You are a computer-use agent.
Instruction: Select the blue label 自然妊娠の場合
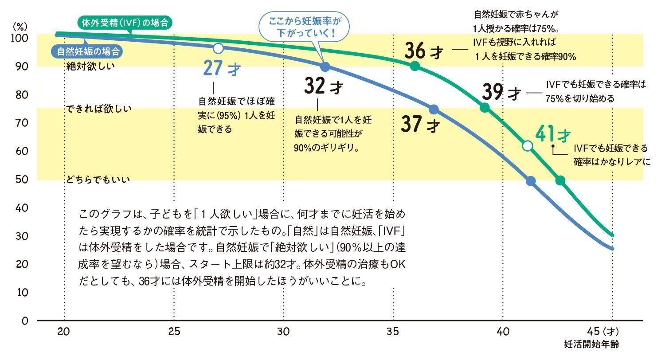(x=88, y=51)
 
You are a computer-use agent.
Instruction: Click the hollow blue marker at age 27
(x=218, y=48)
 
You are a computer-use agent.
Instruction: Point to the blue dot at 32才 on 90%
(x=325, y=67)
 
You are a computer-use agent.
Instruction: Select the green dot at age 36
(x=415, y=66)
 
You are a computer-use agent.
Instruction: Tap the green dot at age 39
(x=485, y=107)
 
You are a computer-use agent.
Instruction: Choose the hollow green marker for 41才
(x=527, y=146)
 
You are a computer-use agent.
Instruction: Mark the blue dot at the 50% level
(x=531, y=181)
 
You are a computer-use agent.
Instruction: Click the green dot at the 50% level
(x=560, y=180)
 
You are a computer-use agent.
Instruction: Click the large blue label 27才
(x=222, y=69)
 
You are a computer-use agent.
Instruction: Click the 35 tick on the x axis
(x=393, y=331)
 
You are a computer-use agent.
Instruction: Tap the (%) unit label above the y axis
(x=20, y=26)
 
